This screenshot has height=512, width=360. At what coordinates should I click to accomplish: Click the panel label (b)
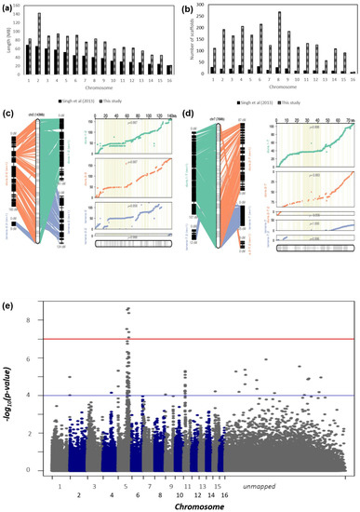(188, 7)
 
